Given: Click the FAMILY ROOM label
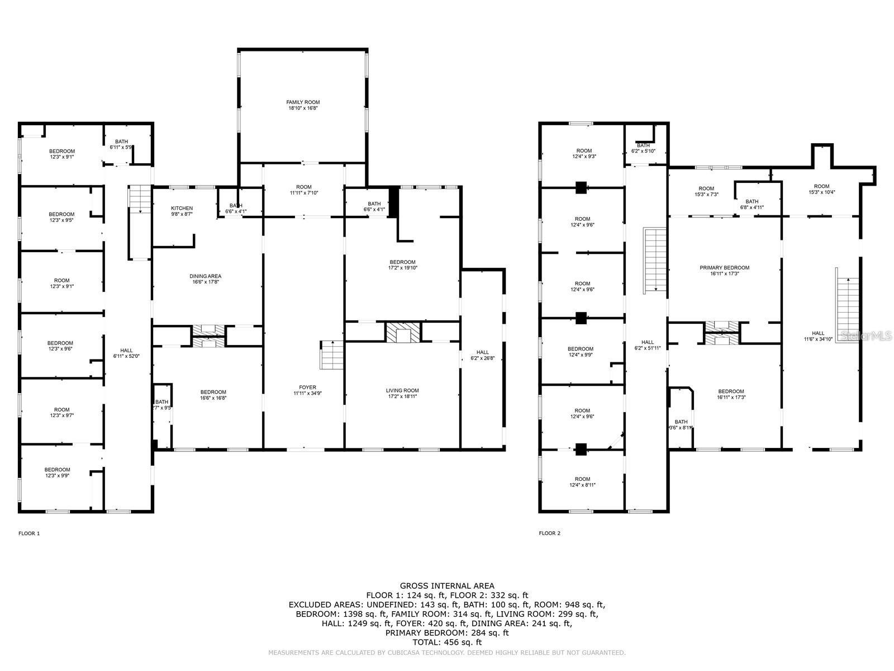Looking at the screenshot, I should click(303, 102).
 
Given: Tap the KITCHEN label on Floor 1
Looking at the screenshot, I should click(182, 208).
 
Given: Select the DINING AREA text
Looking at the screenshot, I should click(206, 276).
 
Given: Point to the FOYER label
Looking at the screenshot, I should click(307, 387).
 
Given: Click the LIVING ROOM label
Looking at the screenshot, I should click(402, 390).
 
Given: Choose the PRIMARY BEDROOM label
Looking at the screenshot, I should click(724, 267).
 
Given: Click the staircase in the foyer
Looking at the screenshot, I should click(331, 355).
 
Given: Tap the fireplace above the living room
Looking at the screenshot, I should click(402, 332).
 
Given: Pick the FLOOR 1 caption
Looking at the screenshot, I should click(29, 533).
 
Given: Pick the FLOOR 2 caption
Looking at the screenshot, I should click(549, 533).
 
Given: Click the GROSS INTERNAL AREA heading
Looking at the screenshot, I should click(446, 586).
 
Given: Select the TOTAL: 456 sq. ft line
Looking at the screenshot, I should click(446, 642).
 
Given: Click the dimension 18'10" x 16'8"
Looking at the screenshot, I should click(303, 108).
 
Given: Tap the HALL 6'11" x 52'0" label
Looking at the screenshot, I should click(127, 353).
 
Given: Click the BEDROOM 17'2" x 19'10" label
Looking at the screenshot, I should click(402, 265).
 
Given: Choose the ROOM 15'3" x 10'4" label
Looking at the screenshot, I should click(821, 189).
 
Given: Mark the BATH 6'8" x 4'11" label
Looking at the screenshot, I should click(752, 204).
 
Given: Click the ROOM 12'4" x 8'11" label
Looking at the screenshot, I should click(582, 482).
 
